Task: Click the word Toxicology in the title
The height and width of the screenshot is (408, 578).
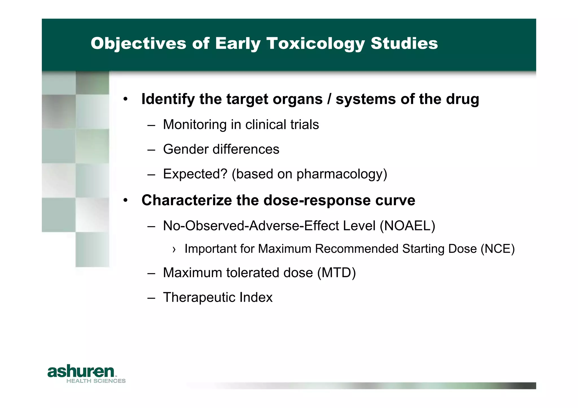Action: coord(316,44)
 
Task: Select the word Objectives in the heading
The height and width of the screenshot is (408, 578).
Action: coord(138,44)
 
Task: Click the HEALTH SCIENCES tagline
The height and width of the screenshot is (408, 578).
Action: coord(96,381)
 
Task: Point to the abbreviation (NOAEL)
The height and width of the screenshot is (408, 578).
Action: coord(407,226)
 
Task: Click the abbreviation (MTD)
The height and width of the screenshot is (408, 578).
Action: coord(336,273)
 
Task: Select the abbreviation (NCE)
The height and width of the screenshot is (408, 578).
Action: coord(498,249)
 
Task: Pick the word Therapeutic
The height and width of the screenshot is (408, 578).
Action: coord(199,297)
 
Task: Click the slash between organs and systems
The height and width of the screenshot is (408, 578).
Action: coord(329,99)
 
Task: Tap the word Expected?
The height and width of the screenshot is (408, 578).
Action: coord(195,174)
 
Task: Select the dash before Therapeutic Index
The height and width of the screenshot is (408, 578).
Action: coord(151,298)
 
